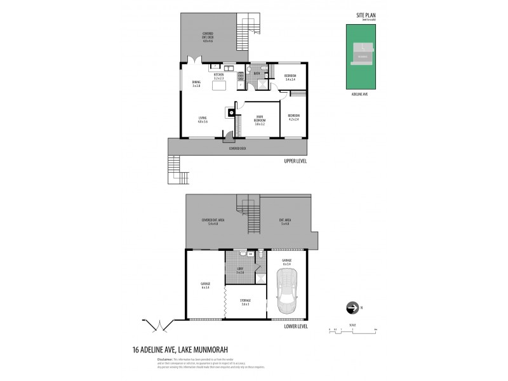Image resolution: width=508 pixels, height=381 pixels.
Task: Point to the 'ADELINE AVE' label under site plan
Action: (x=361, y=94)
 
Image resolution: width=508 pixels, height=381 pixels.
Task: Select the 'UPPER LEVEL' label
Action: (x=296, y=161)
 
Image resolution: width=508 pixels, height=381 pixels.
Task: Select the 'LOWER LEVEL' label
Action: (x=296, y=326)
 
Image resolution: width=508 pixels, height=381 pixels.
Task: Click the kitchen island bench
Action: (x=220, y=85)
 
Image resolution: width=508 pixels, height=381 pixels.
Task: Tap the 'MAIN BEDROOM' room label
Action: (x=259, y=119)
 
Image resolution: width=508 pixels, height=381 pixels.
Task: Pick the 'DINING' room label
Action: (x=196, y=83)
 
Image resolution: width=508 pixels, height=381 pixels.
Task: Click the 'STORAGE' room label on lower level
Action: (x=245, y=302)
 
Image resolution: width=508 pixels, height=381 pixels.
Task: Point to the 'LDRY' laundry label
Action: (x=240, y=270)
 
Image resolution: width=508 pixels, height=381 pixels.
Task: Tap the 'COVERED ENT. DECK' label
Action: (x=207, y=35)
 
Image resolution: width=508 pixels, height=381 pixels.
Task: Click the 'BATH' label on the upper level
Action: (x=257, y=74)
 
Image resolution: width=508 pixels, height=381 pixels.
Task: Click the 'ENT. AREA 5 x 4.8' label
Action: (x=284, y=222)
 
